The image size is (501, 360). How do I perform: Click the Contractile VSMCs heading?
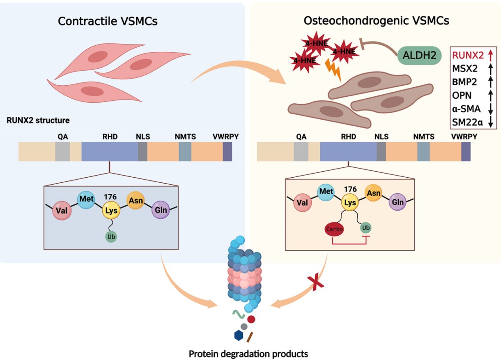[107, 21]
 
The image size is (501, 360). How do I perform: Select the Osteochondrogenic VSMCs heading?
[376, 21]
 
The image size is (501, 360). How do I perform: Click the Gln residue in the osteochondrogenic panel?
[398, 202]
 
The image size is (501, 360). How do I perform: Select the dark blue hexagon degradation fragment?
[238, 335]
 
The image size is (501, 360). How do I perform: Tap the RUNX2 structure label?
[38, 120]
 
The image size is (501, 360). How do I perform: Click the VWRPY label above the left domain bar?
[226, 137]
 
